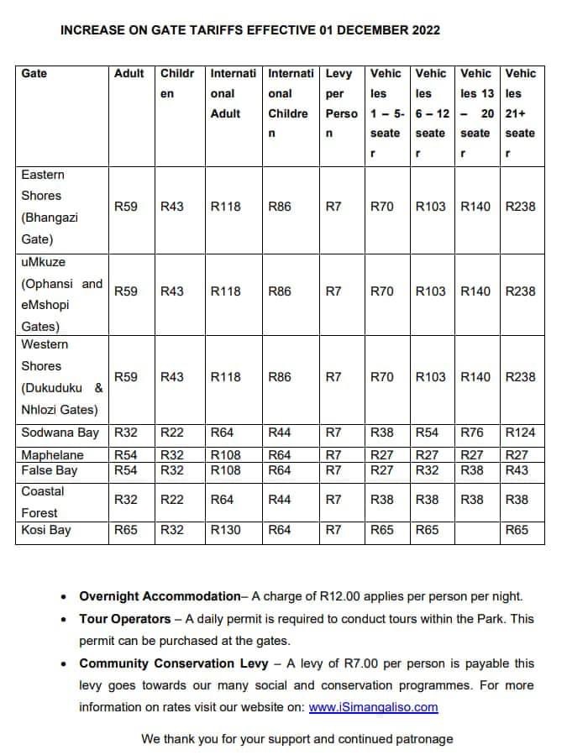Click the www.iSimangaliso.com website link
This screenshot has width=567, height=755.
click(373, 707)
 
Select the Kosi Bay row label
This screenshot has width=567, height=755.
click(46, 530)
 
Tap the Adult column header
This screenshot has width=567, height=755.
click(129, 74)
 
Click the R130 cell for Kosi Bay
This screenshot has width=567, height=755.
click(226, 530)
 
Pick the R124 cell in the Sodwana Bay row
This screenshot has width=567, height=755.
click(521, 433)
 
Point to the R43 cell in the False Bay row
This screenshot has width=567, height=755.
click(517, 470)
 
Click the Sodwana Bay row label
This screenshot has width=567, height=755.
click(60, 433)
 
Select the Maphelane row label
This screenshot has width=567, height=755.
click(52, 455)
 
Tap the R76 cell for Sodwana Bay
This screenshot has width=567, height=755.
click(473, 433)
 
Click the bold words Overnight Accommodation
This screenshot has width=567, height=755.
click(160, 596)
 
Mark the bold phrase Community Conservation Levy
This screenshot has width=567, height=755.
click(174, 663)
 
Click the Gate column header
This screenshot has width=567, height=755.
click(34, 74)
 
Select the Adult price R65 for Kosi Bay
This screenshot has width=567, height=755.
click(126, 530)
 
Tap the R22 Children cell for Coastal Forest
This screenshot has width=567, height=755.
click(172, 499)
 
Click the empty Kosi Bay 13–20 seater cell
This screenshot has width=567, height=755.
click(477, 530)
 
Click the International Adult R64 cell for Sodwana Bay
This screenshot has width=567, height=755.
click(223, 433)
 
